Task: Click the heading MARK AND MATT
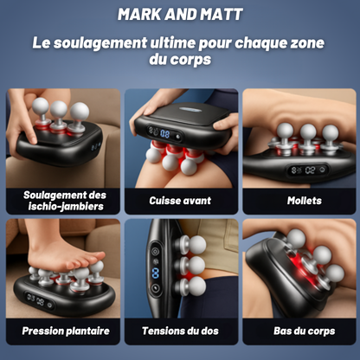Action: point(180,15)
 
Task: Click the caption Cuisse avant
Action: point(180,200)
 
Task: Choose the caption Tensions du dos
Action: point(180,331)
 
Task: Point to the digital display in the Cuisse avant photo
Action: point(164,133)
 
